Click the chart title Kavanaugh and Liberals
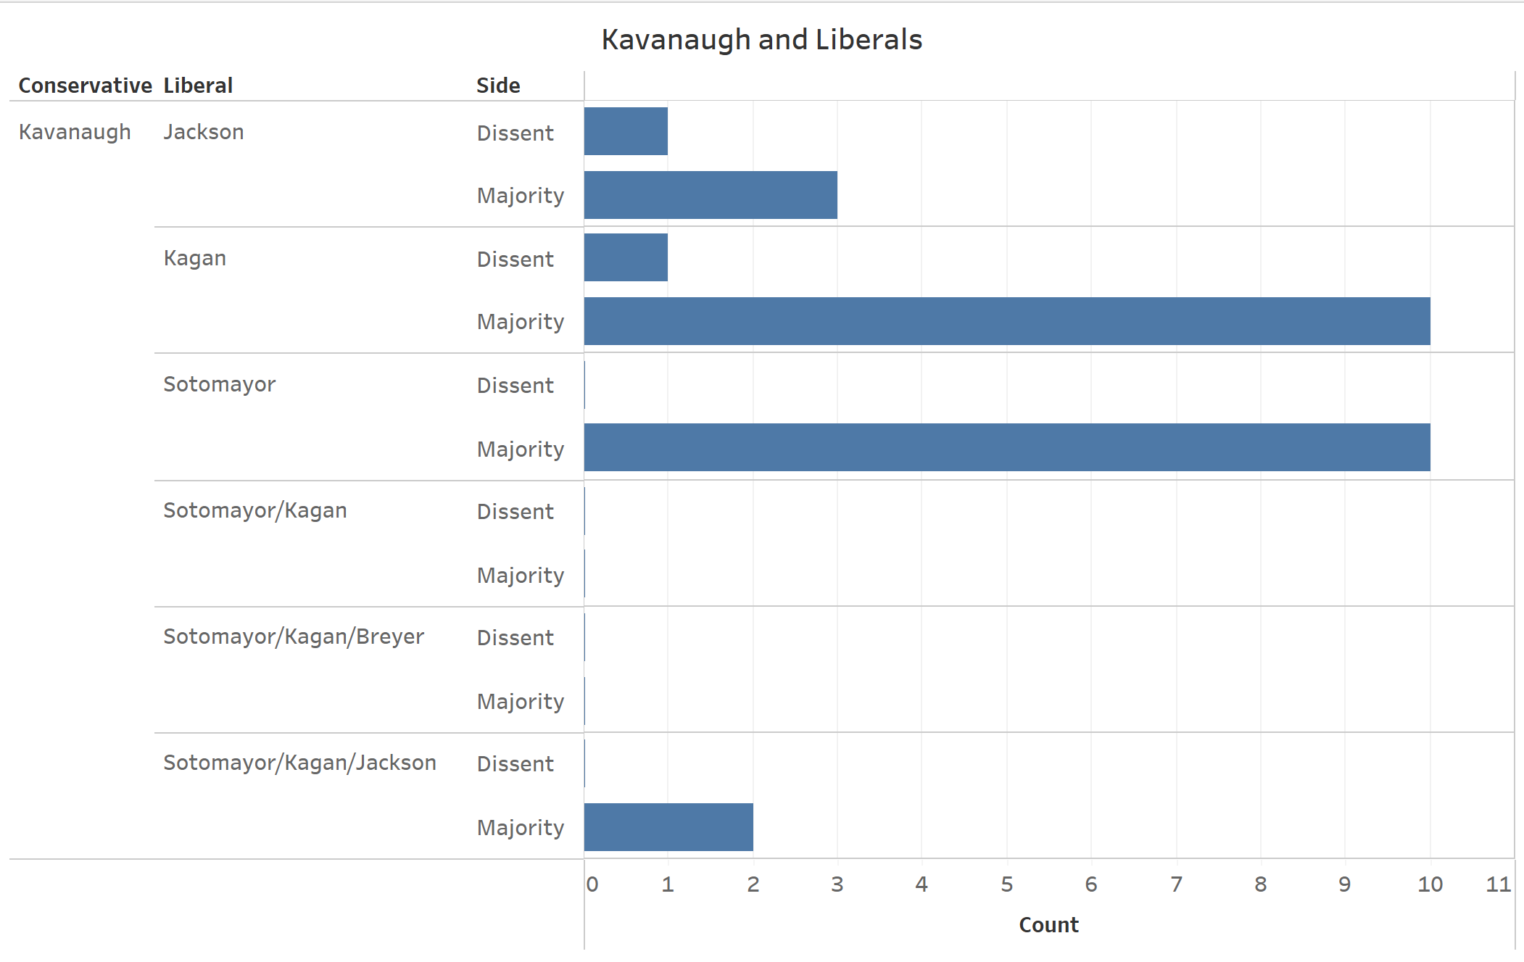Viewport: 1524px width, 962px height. (x=761, y=40)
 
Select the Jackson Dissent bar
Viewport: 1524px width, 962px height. (x=626, y=131)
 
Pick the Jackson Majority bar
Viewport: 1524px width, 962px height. (x=711, y=195)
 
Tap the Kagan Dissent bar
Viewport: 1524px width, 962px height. (x=626, y=257)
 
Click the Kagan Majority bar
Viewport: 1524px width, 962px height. (x=1007, y=321)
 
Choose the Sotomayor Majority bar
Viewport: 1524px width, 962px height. (x=1007, y=447)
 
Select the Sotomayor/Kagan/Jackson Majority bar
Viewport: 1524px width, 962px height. (x=668, y=827)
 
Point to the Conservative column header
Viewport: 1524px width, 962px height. (x=85, y=86)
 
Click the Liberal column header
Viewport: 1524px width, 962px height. (x=198, y=86)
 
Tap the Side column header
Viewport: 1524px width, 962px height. (x=498, y=86)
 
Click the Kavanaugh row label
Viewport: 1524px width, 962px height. (x=75, y=132)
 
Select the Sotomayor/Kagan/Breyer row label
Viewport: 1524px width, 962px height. (x=294, y=637)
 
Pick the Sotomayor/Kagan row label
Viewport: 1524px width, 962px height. (x=255, y=510)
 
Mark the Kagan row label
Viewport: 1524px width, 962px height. (x=195, y=258)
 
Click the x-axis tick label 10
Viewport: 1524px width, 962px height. (x=1430, y=884)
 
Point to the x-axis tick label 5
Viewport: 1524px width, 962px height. (x=1006, y=884)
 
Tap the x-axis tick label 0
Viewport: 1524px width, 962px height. (x=592, y=884)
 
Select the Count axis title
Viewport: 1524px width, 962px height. (x=1048, y=925)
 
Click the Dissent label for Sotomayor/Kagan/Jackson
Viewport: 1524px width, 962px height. (x=515, y=764)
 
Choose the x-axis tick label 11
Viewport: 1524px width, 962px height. (x=1498, y=884)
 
